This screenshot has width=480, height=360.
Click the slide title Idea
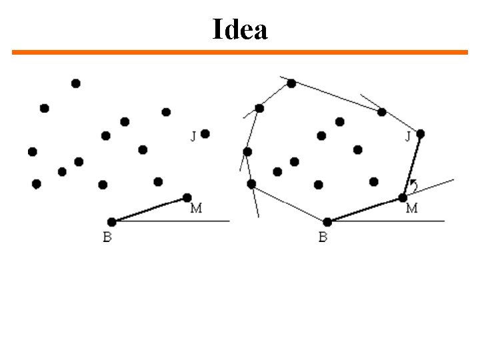pos(240,29)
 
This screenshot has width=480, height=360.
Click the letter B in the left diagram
pos(107,237)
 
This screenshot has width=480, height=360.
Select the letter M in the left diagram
pos(196,209)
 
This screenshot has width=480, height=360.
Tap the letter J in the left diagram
pos(193,137)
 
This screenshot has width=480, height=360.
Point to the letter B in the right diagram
pos(323,237)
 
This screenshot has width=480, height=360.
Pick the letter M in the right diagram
pos(411,209)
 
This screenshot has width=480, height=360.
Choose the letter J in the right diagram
pos(409,137)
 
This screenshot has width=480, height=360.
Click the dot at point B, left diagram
pos(111,222)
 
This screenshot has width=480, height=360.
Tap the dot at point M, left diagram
pos(187,197)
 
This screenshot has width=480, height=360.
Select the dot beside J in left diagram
pos(205,134)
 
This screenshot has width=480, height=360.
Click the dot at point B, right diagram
pos(327,222)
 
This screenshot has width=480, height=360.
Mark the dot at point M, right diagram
pos(403,197)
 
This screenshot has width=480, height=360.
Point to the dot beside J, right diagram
pos(421,134)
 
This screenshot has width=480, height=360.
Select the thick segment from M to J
pos(412,165)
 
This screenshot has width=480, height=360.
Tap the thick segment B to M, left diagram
pos(149,210)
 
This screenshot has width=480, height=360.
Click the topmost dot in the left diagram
pos(76,83)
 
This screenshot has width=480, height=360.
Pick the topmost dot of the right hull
pos(291,83)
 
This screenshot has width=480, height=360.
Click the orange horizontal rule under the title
pos(240,52)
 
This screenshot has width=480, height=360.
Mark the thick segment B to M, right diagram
pos(365,210)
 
